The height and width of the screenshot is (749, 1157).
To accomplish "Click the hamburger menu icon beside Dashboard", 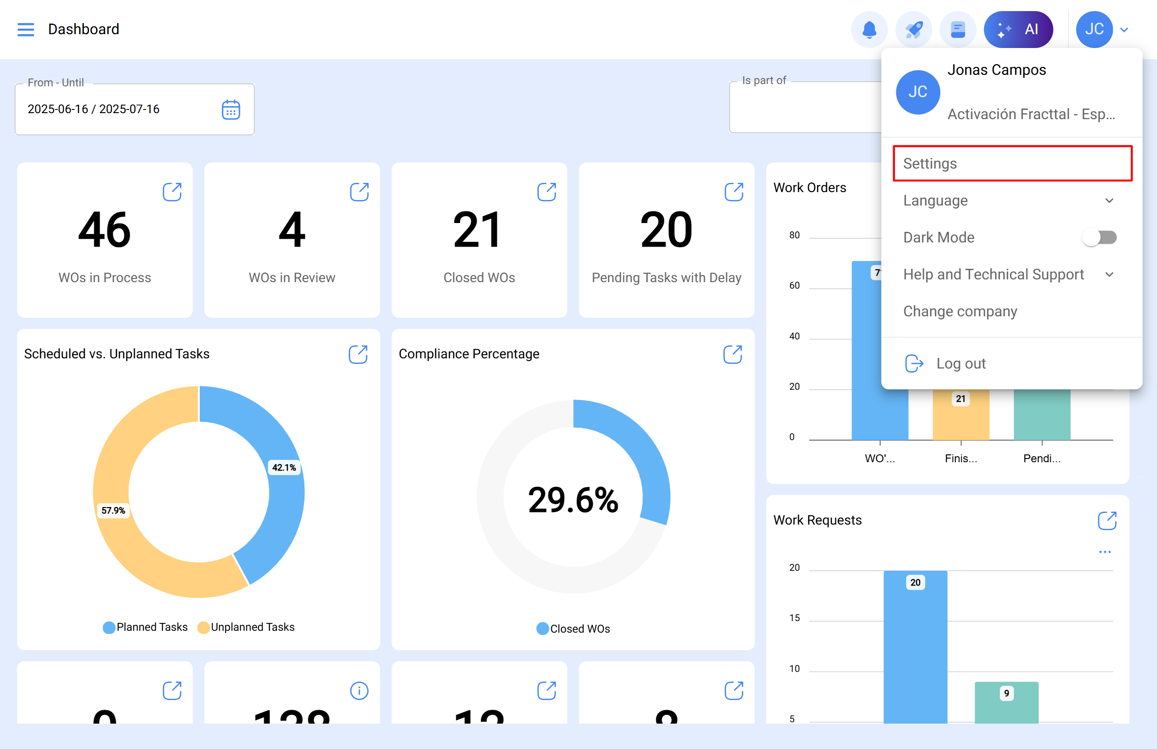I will click(x=26, y=30).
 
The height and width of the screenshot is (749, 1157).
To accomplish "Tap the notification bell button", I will click(x=869, y=30).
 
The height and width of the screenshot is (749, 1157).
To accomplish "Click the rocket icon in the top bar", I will click(x=913, y=30).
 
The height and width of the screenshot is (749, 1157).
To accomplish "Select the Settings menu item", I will click(x=1012, y=163).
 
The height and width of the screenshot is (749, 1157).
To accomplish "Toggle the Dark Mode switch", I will click(x=1099, y=237).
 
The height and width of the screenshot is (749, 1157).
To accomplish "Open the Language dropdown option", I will click(x=1008, y=200).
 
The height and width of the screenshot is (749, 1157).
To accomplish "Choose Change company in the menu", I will click(x=960, y=311).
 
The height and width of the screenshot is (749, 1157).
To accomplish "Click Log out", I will click(x=960, y=363).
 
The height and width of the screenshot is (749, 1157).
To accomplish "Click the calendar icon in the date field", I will click(x=231, y=110).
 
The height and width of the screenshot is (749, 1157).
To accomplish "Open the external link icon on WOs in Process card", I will click(x=172, y=192).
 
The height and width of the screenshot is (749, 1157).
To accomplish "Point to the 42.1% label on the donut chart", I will click(x=284, y=467).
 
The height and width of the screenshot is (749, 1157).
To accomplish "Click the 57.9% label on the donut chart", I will click(x=113, y=510).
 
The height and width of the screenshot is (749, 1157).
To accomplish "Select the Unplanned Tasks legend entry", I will click(x=246, y=627).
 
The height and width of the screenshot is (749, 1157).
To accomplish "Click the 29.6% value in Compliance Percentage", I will click(x=573, y=500).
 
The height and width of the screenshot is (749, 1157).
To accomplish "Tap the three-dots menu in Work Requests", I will click(x=1104, y=552).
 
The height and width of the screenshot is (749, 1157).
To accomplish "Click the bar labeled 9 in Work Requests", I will click(x=1006, y=702).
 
